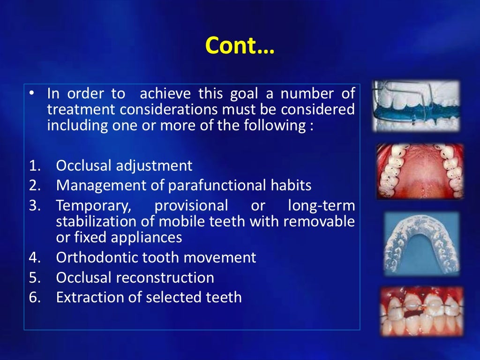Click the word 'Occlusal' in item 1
[84, 165]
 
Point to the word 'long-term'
[321, 205]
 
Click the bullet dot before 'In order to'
[31, 93]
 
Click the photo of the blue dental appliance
[416, 106]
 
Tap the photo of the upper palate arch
[420, 171]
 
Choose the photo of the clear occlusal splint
[421, 243]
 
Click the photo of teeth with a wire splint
[421, 310]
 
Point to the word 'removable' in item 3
[325, 221]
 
